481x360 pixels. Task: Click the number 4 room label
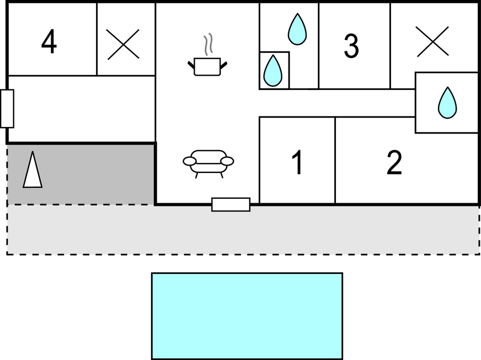pyautogui.click(x=49, y=41)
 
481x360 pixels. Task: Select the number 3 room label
pyautogui.click(x=351, y=46)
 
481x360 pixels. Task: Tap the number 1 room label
pyautogui.click(x=297, y=162)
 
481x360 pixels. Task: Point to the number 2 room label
pyautogui.click(x=394, y=162)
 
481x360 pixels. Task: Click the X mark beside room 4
pyautogui.click(x=123, y=44)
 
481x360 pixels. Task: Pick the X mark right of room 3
pyautogui.click(x=432, y=41)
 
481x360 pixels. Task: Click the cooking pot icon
pyautogui.click(x=207, y=67)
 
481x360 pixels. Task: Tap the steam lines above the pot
pyautogui.click(x=209, y=45)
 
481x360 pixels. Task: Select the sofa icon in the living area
pyautogui.click(x=209, y=164)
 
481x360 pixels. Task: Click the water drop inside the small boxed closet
pyautogui.click(x=272, y=71)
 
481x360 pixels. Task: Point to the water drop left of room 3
pyautogui.click(x=297, y=29)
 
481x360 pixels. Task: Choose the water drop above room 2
pyautogui.click(x=447, y=103)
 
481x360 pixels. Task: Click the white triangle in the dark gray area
pyautogui.click(x=33, y=170)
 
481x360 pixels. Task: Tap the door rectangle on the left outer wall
pyautogui.click(x=7, y=108)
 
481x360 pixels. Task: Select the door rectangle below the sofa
pyautogui.click(x=231, y=205)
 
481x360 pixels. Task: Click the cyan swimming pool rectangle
pyautogui.click(x=247, y=316)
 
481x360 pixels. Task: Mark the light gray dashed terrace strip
pyautogui.click(x=243, y=230)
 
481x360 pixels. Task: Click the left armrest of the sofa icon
pyautogui.click(x=190, y=161)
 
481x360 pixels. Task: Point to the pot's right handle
pyautogui.click(x=223, y=65)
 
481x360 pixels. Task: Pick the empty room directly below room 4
pyautogui.click(x=82, y=109)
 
